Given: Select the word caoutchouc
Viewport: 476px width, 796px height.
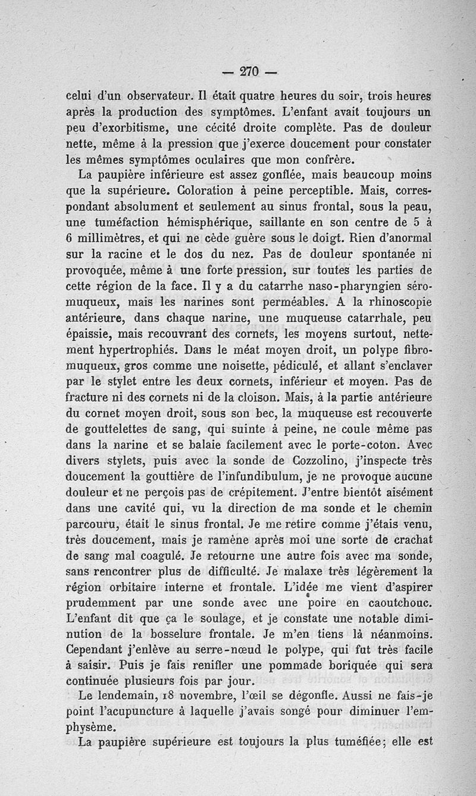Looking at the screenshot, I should click(393, 602).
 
